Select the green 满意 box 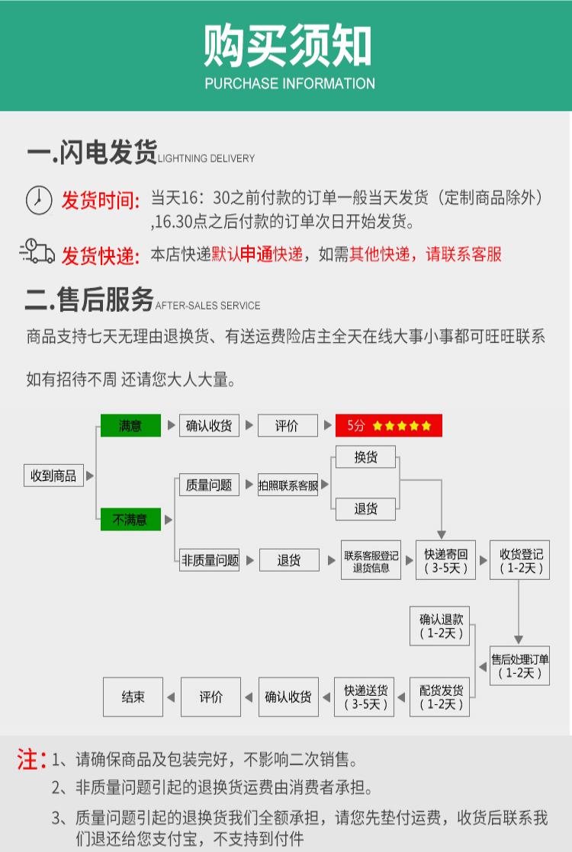click(130, 425)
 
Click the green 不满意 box click(130, 520)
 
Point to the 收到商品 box click(53, 476)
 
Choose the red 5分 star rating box click(389, 425)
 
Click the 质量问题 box click(209, 485)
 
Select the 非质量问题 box click(210, 560)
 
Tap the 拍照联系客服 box click(288, 485)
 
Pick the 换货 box click(366, 457)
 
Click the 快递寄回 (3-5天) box click(445, 560)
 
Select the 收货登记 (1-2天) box click(520, 560)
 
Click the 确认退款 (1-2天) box click(441, 626)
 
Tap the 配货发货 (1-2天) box click(441, 697)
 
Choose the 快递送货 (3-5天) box click(366, 697)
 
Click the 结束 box click(133, 697)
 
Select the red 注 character click(28, 760)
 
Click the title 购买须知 click(288, 47)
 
